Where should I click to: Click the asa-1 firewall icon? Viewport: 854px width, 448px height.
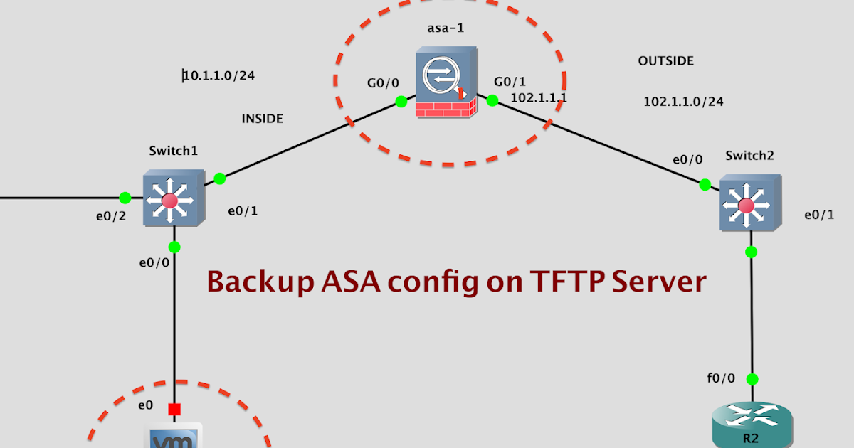pos(446,84)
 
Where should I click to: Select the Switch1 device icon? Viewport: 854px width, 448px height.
pos(173,198)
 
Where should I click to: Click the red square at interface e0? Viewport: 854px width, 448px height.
pos(174,409)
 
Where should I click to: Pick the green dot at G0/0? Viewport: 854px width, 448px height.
pos(401,102)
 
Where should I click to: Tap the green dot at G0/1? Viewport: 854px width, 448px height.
pos(491,101)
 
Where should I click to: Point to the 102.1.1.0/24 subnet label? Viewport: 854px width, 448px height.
pos(683,102)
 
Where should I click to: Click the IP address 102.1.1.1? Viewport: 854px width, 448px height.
pos(539,97)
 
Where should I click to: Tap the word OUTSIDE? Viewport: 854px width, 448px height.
pos(665,61)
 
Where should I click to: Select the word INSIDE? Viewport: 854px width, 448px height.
pos(262,119)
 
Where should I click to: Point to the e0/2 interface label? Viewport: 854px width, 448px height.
pos(111,216)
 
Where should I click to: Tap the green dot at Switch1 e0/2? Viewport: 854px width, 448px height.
pos(125,197)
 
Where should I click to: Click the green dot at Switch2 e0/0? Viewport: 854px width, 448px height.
pos(705,185)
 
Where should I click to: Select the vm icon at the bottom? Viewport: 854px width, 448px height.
pos(174,437)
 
